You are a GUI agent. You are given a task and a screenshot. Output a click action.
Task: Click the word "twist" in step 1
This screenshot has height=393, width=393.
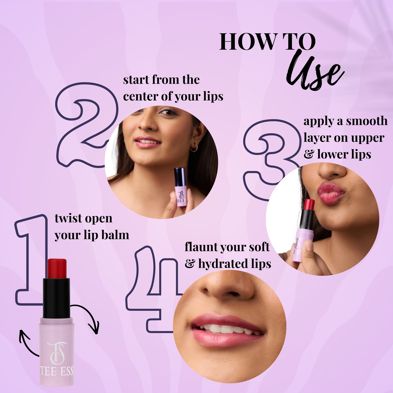click(68, 219)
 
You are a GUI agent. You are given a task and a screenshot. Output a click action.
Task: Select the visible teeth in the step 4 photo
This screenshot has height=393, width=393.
click(226, 329)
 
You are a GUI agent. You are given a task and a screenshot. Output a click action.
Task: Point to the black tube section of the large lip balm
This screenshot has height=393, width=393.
click(56, 298)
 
